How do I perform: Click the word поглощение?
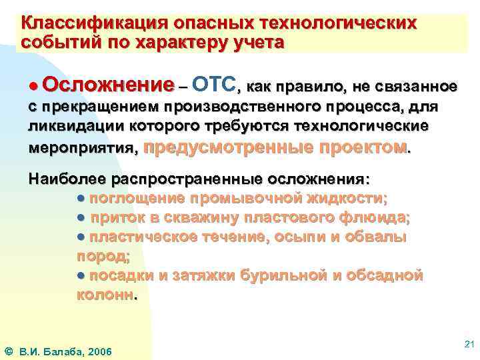[137, 198]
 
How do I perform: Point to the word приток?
[117, 217]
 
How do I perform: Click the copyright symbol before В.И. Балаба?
[8, 349]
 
